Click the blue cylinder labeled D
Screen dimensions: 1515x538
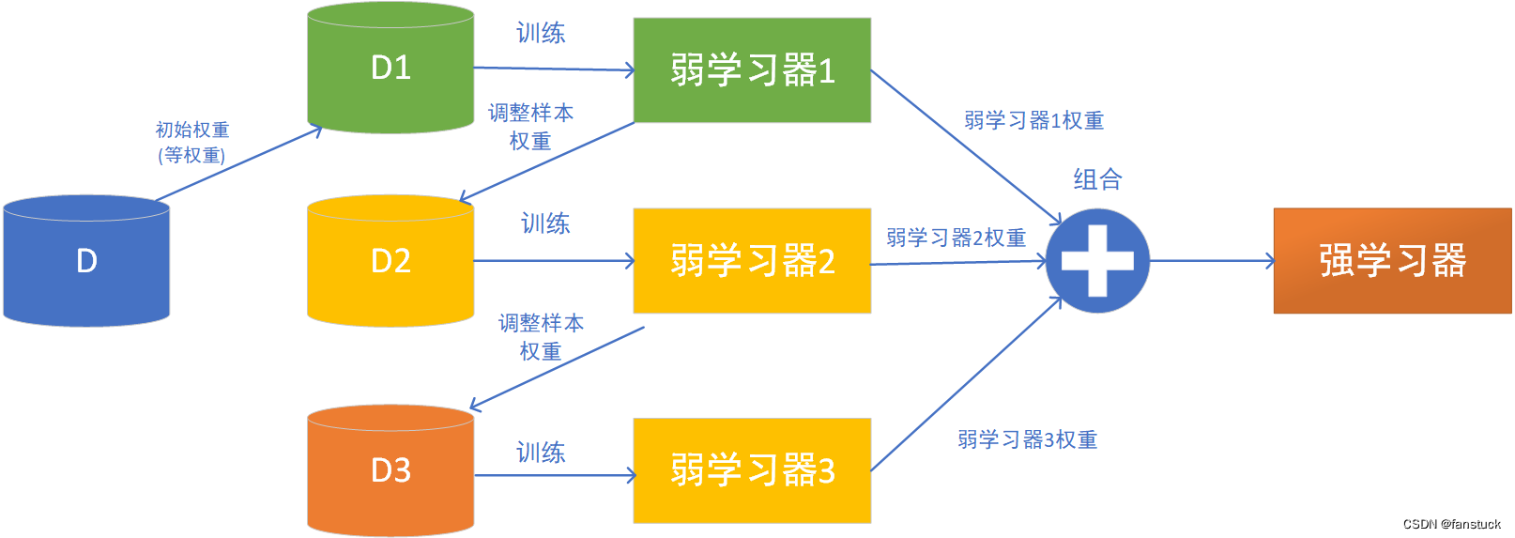coord(86,260)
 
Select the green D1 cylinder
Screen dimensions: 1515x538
coord(390,68)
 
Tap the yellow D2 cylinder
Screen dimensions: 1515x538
coord(390,260)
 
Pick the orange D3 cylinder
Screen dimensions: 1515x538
coord(390,470)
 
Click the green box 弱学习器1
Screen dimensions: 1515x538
coord(752,70)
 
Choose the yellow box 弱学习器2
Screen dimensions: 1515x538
coord(752,260)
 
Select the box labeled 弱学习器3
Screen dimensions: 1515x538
coord(752,470)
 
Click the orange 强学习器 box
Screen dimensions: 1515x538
coord(1393,260)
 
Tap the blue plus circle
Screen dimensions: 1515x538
coord(1097,260)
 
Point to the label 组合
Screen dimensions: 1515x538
coord(1097,179)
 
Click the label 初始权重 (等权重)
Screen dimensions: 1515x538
coord(192,142)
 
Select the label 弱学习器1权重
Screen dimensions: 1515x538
coord(1033,120)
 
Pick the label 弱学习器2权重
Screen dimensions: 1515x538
coord(956,238)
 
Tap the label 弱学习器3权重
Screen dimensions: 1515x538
coord(1027,439)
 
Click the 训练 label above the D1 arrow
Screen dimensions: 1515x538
coord(541,33)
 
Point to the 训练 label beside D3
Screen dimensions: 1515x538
coord(541,452)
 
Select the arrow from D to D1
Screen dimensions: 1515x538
coord(239,163)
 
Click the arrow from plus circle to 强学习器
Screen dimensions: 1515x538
coord(1213,260)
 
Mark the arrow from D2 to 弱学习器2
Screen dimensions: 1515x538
coord(554,260)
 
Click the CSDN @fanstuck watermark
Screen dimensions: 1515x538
coord(1451,525)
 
